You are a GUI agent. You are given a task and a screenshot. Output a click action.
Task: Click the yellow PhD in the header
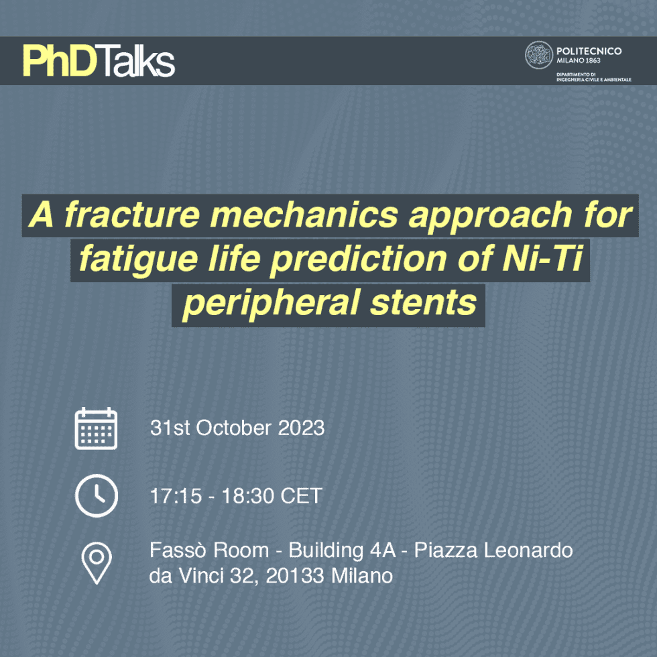pos(60,61)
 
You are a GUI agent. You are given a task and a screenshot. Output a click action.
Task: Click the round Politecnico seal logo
pos(539,55)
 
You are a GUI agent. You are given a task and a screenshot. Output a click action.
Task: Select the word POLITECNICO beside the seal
pos(589,51)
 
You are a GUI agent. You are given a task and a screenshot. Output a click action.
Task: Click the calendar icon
pos(96,428)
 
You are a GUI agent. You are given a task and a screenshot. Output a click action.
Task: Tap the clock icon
pos(97,495)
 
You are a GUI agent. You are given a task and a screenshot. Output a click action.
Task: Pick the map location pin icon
pos(97,563)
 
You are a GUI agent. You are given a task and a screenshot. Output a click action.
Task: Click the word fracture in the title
pos(133,215)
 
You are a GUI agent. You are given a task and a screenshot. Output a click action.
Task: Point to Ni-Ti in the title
pos(542,258)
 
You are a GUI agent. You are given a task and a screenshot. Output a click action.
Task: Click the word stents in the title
pos(424,302)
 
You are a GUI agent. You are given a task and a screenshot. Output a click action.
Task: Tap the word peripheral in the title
pos(271,303)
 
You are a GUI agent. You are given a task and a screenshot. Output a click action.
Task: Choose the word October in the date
pos(233,428)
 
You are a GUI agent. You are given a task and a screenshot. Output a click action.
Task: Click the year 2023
pos(301,428)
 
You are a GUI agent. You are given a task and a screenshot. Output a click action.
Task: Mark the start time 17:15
pos(176,495)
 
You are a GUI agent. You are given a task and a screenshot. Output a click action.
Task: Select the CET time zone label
pos(301,495)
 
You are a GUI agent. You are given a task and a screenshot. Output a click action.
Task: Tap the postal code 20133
pos(295,576)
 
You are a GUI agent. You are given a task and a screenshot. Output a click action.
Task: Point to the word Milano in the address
pos(362,576)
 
